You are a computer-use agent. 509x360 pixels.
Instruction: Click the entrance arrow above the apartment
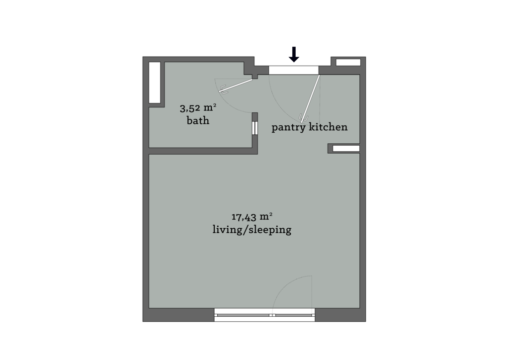coord(295,55)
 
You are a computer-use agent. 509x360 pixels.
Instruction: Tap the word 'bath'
coord(198,121)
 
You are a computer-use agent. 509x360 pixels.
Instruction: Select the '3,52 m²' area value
coord(198,107)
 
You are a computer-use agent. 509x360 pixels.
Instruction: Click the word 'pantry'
coord(289,128)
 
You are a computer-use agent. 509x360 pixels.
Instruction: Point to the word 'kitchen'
coord(328,127)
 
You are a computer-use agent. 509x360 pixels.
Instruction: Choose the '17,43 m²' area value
coord(252,216)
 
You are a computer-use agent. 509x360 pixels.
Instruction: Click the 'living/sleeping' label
coord(252,230)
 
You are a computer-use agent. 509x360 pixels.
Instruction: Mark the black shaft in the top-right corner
coord(348,62)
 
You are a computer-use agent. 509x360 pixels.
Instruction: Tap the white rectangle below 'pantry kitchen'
coord(345,148)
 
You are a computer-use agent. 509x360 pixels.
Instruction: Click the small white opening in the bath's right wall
coord(254,128)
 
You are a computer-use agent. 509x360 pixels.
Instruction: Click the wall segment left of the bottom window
coord(179,315)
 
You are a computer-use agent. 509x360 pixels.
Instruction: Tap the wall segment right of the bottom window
coord(340,315)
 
